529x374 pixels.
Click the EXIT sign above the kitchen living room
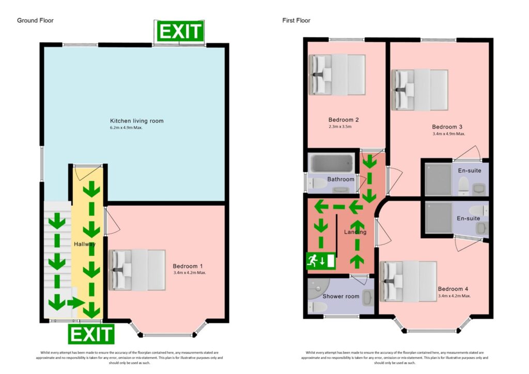click(180, 32)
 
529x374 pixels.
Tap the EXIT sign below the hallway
click(91, 334)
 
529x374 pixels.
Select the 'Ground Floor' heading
click(35, 21)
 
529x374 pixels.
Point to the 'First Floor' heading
click(296, 21)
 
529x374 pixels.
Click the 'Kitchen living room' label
click(136, 121)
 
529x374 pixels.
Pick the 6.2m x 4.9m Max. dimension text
click(126, 128)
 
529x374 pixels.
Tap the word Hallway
click(84, 244)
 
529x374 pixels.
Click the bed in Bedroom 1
click(138, 270)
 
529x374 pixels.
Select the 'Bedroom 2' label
click(344, 120)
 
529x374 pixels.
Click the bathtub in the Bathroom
click(331, 164)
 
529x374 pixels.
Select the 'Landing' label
click(355, 232)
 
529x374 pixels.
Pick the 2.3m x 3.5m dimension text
click(340, 127)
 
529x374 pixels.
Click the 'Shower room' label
click(340, 297)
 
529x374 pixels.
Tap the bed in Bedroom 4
click(408, 280)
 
